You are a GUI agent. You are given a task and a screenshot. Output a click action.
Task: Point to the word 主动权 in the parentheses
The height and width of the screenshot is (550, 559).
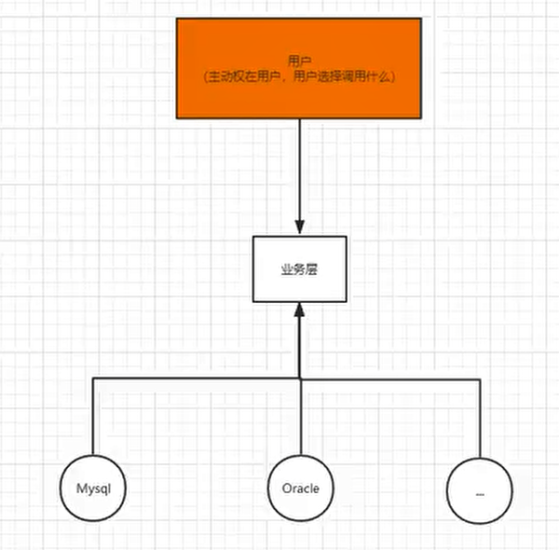pyautogui.click(x=232, y=78)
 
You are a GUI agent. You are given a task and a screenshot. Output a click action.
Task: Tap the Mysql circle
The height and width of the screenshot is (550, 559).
pyautogui.click(x=94, y=488)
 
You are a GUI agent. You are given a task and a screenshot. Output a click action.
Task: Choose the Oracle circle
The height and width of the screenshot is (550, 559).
pyautogui.click(x=300, y=488)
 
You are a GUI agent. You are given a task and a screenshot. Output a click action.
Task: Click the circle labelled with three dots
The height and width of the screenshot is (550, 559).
pyautogui.click(x=479, y=488)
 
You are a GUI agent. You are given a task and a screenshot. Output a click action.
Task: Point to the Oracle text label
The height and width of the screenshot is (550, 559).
pyautogui.click(x=300, y=488)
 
